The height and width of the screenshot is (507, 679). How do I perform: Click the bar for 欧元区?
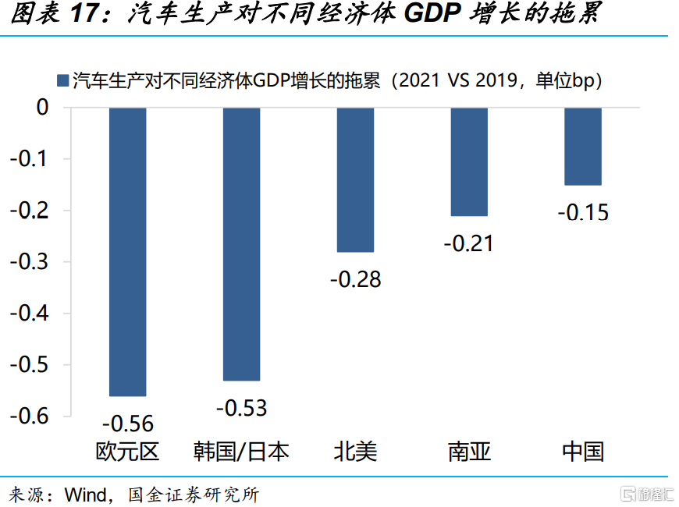pos(127,251)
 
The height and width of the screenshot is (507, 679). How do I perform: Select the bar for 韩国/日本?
pos(241,243)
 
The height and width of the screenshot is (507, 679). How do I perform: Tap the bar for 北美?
pos(355,179)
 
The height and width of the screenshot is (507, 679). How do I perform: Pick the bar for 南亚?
pos(469,161)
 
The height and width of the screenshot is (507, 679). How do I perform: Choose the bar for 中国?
pos(583,146)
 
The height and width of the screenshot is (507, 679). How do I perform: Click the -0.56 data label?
pos(128,424)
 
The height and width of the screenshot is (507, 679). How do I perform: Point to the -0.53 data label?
pos(241,407)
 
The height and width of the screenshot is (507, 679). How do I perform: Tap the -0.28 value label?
pos(355,279)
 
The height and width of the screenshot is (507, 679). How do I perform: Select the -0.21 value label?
pos(469,243)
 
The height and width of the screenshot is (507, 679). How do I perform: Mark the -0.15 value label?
pos(583,212)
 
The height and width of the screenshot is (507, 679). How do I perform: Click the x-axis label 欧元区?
pos(127,452)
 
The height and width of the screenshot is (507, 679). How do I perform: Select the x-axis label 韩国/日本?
pos(241,452)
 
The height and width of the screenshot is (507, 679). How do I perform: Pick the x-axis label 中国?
pos(583,452)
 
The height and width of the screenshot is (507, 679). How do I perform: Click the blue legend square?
pos(63,80)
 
